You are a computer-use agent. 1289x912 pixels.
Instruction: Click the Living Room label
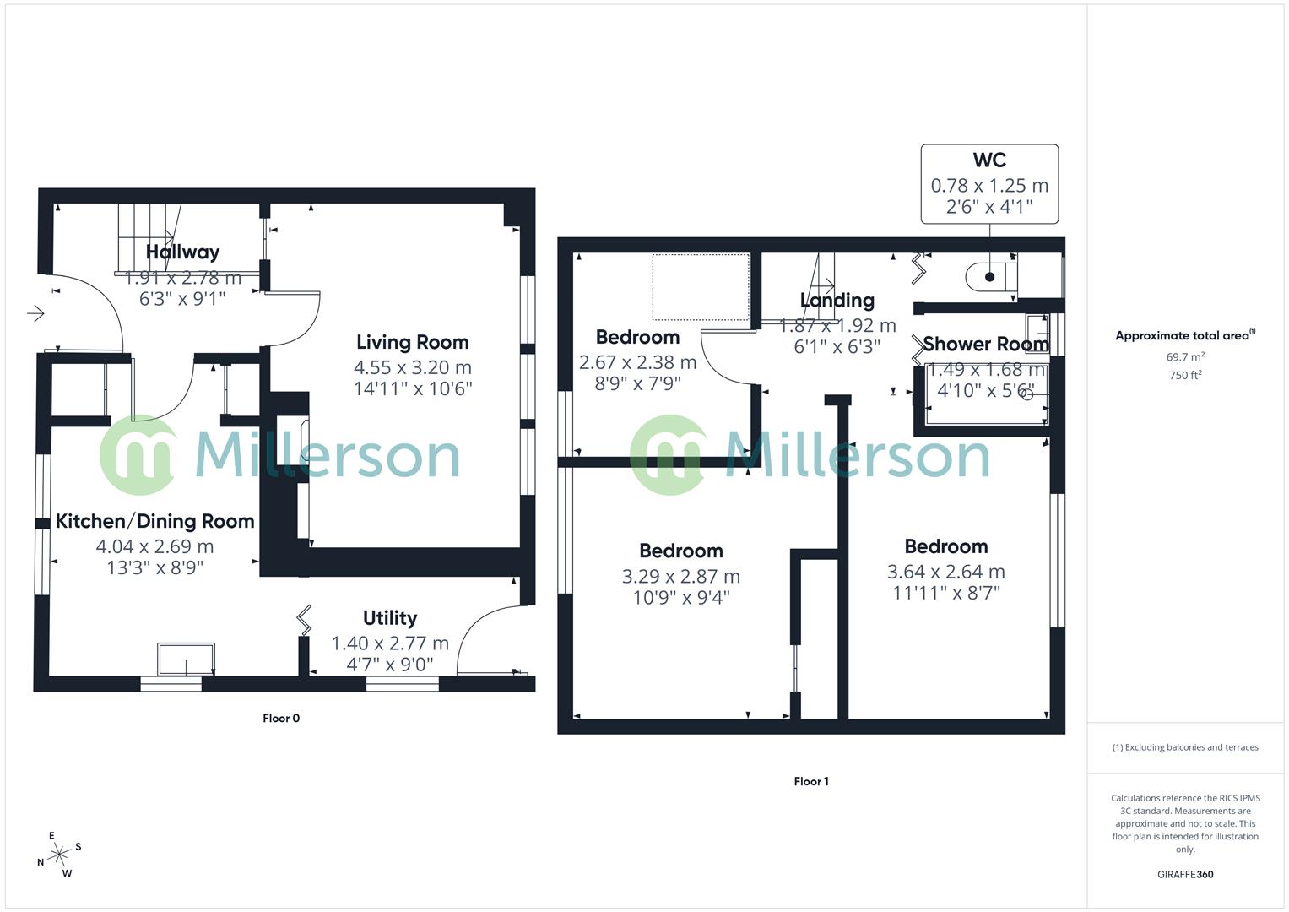pos(412,342)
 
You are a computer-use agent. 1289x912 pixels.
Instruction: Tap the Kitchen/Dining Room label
pos(154,521)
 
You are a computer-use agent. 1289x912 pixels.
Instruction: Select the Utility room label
pos(389,618)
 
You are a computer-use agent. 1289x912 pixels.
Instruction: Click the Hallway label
pos(182,252)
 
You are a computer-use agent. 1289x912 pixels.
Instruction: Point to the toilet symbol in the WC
pos(991,276)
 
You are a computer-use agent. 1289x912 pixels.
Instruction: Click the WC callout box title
pos(989,160)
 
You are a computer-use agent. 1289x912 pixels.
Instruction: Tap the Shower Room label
pos(985,345)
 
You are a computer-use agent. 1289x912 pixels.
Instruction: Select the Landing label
pos(837,301)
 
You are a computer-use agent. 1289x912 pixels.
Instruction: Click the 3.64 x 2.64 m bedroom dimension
pos(945,572)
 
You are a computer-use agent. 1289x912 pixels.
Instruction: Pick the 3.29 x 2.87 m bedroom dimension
pos(680,577)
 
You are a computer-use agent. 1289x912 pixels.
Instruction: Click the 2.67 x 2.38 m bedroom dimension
pos(637,363)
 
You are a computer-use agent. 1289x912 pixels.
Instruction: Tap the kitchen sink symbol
pos(186,659)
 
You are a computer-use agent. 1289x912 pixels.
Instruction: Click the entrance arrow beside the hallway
pos(35,314)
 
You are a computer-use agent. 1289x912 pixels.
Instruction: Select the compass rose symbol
pos(59,855)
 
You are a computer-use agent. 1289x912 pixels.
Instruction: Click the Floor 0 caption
pos(281,719)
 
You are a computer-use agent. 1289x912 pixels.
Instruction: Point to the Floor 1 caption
pos(811,782)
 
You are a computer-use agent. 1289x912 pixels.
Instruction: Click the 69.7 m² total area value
pos(1185,357)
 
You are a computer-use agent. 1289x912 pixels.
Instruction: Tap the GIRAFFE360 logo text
pos(1185,875)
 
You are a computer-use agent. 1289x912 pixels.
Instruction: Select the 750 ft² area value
pos(1185,376)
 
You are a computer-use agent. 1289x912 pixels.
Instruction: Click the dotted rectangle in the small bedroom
pos(701,287)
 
